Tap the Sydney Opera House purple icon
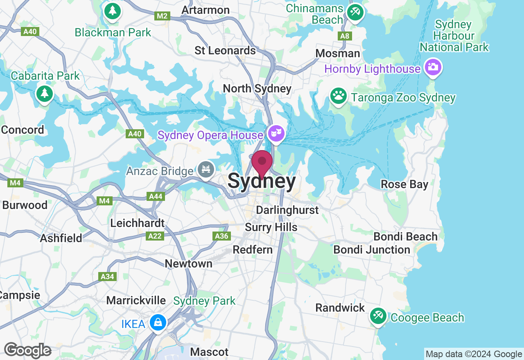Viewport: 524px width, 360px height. (x=276, y=133)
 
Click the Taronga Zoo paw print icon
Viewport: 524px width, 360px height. (x=338, y=96)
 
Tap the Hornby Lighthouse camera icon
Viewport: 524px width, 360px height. (x=433, y=67)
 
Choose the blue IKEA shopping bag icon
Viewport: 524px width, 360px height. (x=158, y=322)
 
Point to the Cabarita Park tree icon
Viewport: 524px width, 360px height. (x=45, y=94)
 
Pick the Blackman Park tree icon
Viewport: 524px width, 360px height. (x=112, y=11)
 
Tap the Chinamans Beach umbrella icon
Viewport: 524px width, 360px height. (x=355, y=12)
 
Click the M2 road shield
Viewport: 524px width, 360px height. (x=163, y=16)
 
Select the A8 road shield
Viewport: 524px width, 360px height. (x=345, y=36)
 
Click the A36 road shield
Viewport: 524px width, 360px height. (x=221, y=236)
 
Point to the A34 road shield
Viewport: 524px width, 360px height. (x=107, y=277)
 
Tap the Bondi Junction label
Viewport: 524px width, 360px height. (x=371, y=250)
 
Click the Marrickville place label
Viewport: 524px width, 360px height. (x=136, y=300)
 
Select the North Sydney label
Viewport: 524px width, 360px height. (x=257, y=88)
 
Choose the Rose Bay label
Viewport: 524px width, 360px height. (x=404, y=184)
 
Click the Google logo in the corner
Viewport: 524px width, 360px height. (x=27, y=350)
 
